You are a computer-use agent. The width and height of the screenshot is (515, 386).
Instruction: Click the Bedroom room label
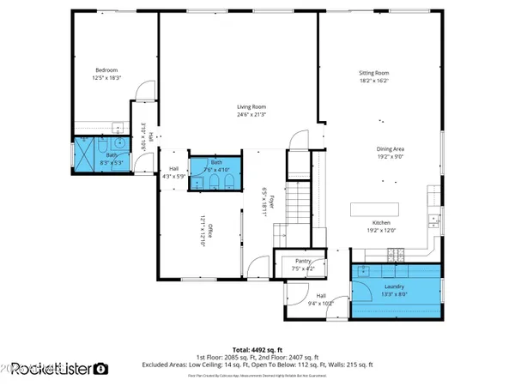[106, 69]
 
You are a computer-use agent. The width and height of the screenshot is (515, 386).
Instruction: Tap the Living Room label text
[251, 107]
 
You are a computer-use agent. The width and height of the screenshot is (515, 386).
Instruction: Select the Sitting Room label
[373, 73]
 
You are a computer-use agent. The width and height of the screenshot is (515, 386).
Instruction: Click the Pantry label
[303, 261]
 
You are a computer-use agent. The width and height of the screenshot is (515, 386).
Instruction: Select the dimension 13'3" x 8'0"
[396, 293]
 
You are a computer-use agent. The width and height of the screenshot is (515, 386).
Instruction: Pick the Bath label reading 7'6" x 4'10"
[216, 161]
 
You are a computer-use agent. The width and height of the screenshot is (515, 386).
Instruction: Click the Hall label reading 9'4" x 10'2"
[321, 296]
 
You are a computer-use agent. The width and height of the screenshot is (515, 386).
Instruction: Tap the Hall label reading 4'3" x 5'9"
[174, 168]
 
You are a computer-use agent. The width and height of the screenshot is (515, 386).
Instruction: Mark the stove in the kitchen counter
[396, 253]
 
